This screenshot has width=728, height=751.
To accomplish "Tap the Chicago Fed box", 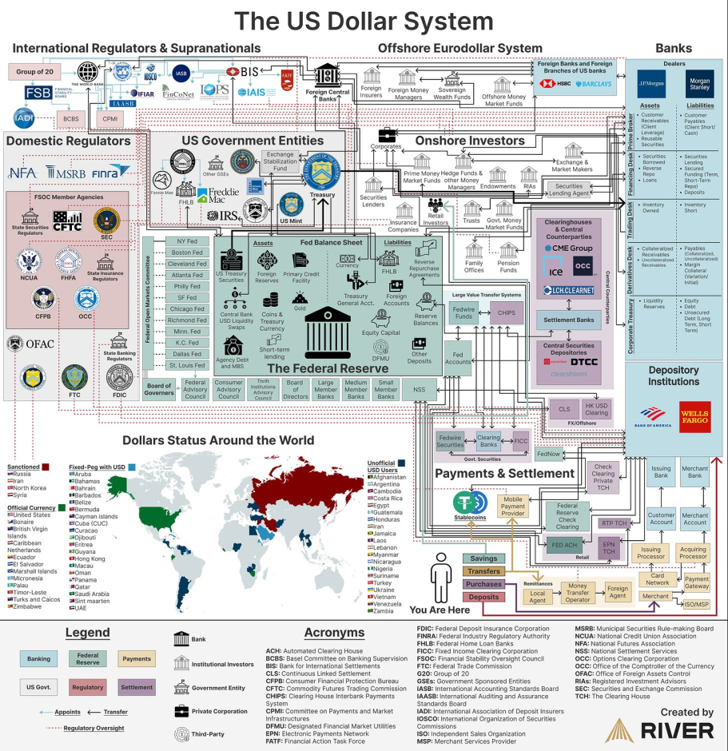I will click(187, 308).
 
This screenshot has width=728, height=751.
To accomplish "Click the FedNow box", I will click(548, 454).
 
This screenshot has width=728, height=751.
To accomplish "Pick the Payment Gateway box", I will click(696, 582).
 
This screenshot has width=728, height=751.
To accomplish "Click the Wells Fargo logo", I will click(694, 417).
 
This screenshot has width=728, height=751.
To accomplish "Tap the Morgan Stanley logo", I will click(699, 84).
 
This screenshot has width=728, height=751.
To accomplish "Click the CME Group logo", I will click(568, 248).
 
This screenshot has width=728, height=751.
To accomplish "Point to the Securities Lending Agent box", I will click(569, 190).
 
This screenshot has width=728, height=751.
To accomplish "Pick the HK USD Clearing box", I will click(596, 408).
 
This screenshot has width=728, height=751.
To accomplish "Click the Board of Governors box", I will click(159, 389).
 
